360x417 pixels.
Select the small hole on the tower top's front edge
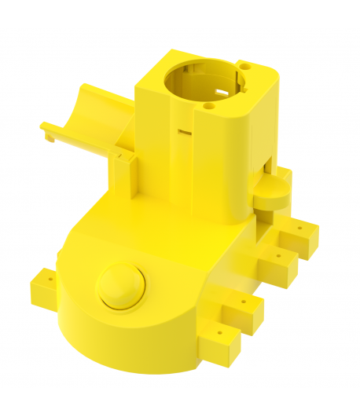coord(208,103)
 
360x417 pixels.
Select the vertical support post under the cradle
coord(123,177)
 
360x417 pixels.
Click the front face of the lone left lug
coord(42,294)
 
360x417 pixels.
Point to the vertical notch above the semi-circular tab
coord(269,166)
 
